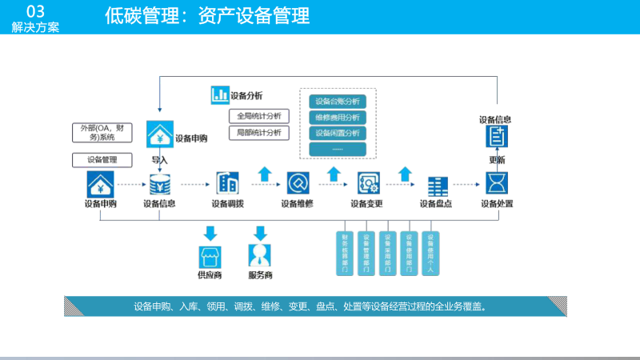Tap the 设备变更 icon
click(x=368, y=183)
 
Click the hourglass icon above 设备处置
click(x=498, y=183)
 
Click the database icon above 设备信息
click(x=159, y=184)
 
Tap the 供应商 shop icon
click(x=210, y=257)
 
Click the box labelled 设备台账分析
click(x=337, y=101)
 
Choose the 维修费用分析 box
click(x=337, y=117)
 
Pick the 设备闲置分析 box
click(x=337, y=133)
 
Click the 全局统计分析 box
click(x=258, y=115)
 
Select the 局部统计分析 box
click(x=258, y=132)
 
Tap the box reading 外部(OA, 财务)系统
click(x=102, y=132)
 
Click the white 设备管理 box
click(x=102, y=159)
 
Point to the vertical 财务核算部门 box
click(x=344, y=254)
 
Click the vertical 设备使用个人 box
click(x=430, y=254)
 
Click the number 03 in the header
click(x=35, y=11)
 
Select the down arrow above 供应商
click(x=210, y=234)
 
